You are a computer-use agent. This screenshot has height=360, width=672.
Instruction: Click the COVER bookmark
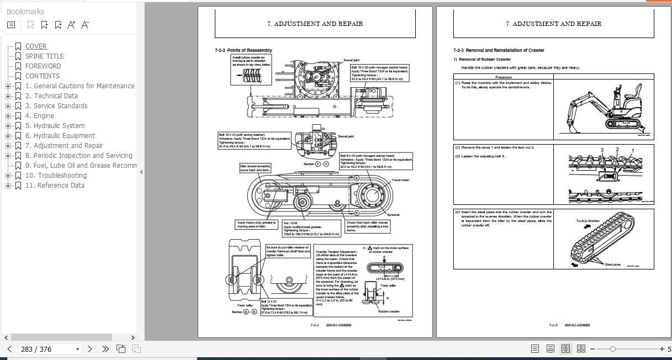point(36,46)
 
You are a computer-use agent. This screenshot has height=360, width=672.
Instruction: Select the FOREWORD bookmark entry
point(43,66)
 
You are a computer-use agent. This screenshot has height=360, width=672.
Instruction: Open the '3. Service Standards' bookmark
point(56,106)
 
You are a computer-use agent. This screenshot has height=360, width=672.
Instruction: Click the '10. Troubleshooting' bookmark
point(56,176)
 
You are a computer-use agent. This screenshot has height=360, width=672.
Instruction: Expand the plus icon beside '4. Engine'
point(8,116)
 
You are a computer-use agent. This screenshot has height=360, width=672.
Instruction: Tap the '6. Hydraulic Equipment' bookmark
point(60,136)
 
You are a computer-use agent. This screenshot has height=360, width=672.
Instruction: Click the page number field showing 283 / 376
point(47,349)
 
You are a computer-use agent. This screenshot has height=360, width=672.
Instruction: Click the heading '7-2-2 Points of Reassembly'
point(244,50)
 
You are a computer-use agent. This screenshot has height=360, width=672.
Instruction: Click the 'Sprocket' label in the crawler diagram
point(393,215)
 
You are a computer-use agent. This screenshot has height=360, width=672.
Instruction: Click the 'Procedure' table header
point(503,77)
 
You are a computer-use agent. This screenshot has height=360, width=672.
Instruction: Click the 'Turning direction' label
point(588,221)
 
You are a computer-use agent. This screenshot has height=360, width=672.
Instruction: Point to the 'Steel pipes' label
point(612,264)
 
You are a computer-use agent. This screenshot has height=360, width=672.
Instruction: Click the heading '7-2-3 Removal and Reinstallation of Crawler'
point(499,50)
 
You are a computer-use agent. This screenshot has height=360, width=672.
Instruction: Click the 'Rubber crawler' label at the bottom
point(389,311)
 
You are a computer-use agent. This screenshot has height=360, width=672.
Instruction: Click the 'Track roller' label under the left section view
point(245,305)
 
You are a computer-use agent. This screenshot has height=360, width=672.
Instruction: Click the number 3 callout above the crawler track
point(602,150)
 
